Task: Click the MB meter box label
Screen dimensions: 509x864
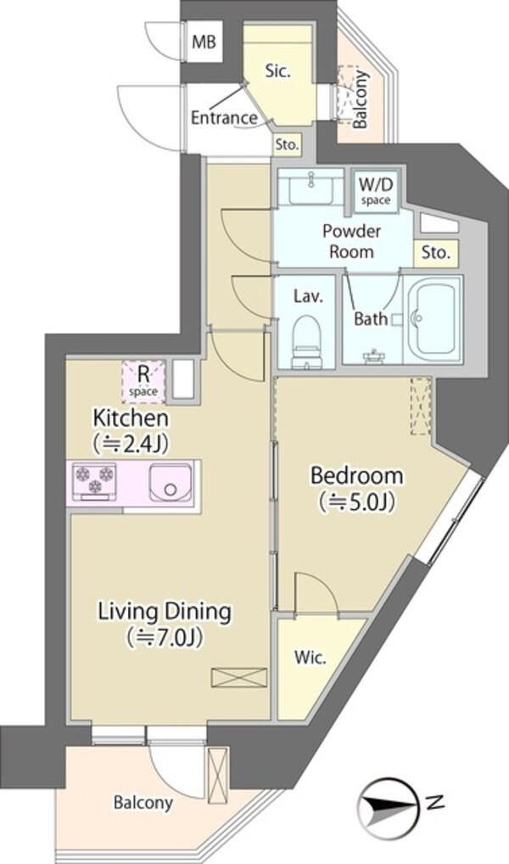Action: pos(204,42)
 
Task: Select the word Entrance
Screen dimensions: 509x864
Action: pos(224,117)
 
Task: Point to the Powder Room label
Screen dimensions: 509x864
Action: pos(351,241)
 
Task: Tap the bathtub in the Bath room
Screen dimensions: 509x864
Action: pos(433,318)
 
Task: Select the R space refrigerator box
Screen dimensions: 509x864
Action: pos(143,379)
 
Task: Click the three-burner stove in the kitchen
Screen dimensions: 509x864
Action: pos(95,480)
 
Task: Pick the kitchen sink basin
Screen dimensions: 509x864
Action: pos(171,481)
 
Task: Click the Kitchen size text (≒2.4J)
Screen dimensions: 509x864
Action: pos(130,443)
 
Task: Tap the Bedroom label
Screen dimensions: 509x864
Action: pos(356,475)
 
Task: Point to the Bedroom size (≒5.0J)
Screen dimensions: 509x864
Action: pos(356,502)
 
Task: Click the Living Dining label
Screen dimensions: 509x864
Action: pos(165,611)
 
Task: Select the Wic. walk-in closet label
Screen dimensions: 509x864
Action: pos(310,658)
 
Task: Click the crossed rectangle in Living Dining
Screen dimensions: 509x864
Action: pos(239,677)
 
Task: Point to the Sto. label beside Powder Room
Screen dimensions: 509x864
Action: pos(436,254)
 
